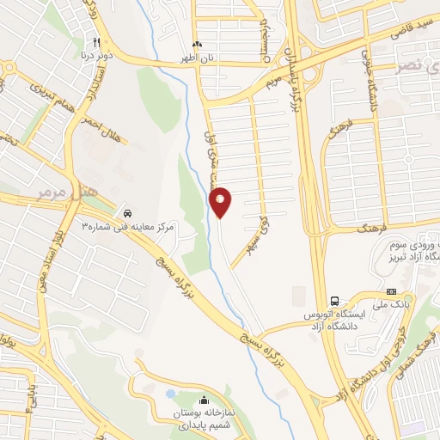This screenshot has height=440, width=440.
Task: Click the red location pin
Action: pyautogui.click(x=221, y=202)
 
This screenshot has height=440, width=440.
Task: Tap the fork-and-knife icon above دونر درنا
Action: pyautogui.click(x=97, y=43)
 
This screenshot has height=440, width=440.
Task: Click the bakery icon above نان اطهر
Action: pyautogui.click(x=199, y=45)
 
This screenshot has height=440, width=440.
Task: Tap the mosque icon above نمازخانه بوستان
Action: pyautogui.click(x=204, y=400)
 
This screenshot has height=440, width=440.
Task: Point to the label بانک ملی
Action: pyautogui.click(x=391, y=304)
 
